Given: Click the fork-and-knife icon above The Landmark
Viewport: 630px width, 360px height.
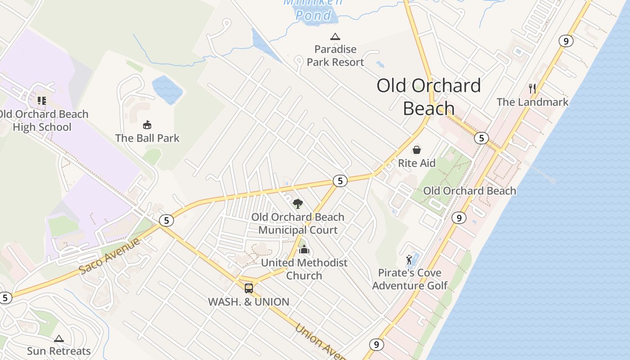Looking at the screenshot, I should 532,88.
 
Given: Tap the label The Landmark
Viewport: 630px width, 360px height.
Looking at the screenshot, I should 532,102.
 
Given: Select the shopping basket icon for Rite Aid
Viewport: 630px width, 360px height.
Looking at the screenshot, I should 417,150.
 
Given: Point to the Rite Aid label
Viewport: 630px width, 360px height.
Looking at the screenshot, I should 417,163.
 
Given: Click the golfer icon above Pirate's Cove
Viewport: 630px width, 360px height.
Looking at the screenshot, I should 409,260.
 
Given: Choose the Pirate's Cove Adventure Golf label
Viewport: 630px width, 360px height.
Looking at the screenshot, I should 409,279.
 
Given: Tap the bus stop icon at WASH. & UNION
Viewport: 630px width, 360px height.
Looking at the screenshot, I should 248,288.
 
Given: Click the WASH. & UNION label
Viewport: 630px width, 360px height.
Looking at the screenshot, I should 248,302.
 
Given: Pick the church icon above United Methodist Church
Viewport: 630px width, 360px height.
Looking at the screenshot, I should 304,249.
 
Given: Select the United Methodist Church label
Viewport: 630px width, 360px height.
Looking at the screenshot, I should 304,269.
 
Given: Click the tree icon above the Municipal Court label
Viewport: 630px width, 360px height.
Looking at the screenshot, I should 297,204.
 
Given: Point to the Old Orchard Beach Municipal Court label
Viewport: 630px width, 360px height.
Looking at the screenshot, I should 297,223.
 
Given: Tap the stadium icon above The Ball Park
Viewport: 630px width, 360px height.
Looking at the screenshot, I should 147,125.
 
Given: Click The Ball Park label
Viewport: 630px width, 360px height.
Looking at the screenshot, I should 147,138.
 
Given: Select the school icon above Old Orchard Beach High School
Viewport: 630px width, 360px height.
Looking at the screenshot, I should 41,100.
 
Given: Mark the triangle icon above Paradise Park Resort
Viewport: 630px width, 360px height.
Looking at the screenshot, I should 335,36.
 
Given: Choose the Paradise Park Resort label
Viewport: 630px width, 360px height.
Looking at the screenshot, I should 335,55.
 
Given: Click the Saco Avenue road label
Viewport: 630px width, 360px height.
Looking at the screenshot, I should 109,256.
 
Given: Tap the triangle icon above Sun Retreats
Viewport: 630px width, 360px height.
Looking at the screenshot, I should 59,338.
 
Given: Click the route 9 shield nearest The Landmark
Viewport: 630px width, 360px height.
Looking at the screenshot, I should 566,41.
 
